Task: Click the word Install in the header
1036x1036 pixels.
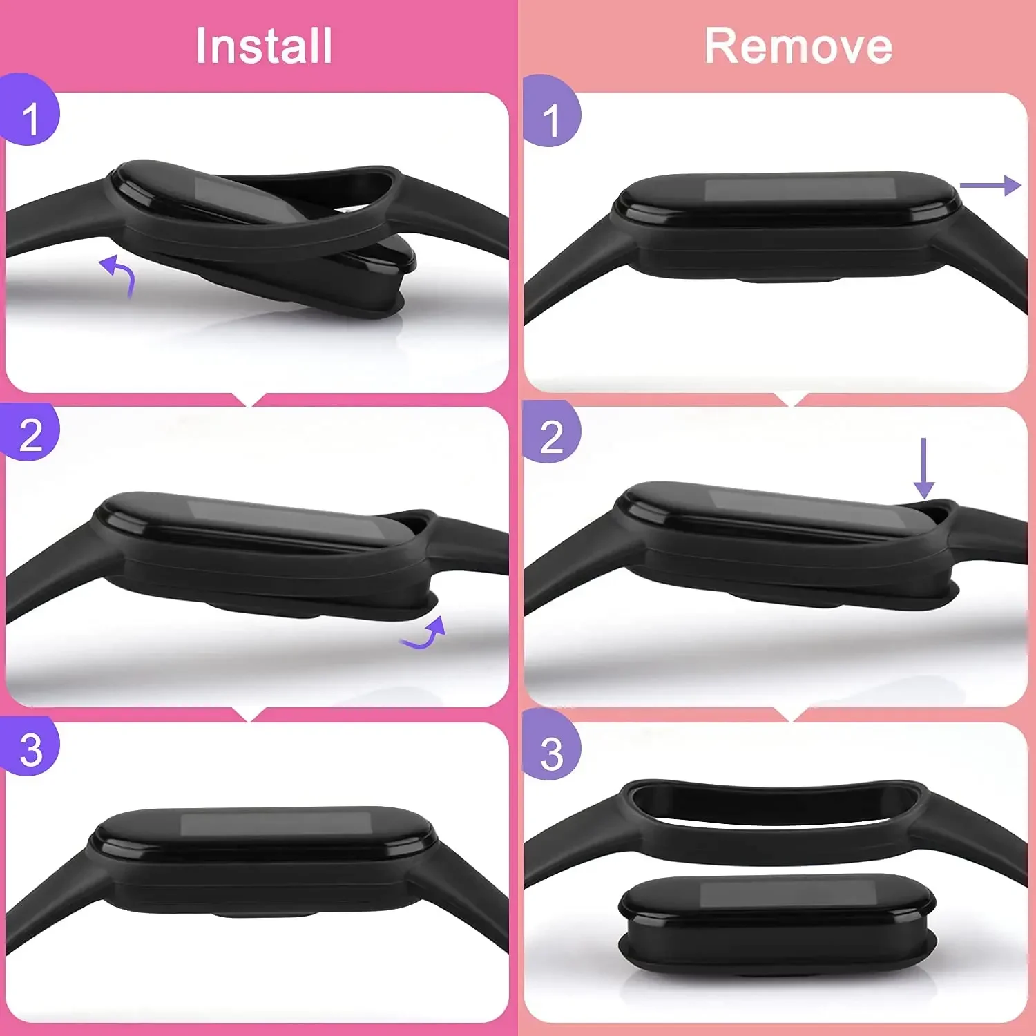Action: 264,46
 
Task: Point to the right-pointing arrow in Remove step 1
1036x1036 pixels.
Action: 990,185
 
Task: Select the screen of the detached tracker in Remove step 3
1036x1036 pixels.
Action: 777,894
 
